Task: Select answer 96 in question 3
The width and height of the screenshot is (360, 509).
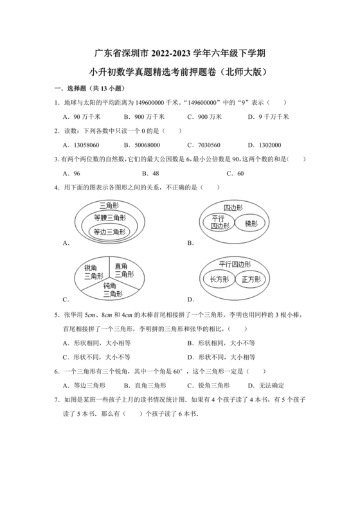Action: point(76,174)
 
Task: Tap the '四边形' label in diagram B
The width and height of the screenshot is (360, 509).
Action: point(232,208)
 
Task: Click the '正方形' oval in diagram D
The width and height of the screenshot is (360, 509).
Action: point(251,280)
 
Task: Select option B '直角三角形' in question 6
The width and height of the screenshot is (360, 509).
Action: point(151,386)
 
